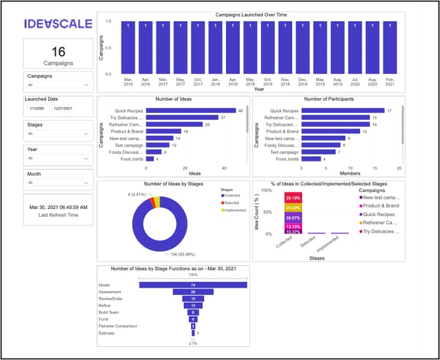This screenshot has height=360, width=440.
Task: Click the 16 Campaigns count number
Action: pos(58,51)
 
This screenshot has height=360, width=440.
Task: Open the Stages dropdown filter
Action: pos(58,133)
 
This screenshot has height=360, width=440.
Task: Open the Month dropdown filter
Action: pos(58,183)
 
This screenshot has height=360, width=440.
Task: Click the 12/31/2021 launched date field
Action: pos(63,108)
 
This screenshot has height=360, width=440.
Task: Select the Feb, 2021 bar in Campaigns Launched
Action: pos(389,47)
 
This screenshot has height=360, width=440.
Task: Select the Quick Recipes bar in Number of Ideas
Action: pos(190,110)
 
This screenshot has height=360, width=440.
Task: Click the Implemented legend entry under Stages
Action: pos(234,210)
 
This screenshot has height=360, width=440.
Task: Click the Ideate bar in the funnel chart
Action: pos(194,284)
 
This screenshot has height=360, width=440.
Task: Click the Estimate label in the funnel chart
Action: pos(106,333)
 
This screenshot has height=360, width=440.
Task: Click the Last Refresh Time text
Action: pos(58,215)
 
